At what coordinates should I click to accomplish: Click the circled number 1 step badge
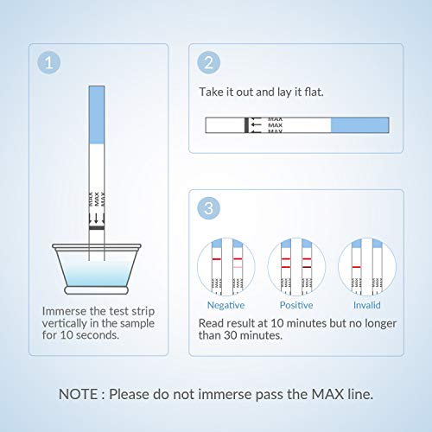coord(49,62)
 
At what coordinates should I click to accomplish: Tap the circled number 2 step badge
coord(209,62)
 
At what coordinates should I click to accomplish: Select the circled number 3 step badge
coord(209,208)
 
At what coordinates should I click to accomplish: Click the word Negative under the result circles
coord(226,305)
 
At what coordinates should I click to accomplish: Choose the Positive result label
coord(296,305)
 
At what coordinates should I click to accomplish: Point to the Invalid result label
coord(367,305)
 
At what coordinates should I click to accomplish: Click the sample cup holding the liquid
coord(97,269)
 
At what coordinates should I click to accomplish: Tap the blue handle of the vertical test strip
coord(97,115)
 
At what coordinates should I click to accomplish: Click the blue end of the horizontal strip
coord(359,125)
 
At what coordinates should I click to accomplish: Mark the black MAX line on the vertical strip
coord(97,228)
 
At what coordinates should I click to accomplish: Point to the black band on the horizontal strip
coord(246,125)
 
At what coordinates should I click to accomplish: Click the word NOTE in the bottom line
coord(78,394)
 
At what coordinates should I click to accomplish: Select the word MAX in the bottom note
coord(328,394)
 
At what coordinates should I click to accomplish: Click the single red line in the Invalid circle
coord(356,267)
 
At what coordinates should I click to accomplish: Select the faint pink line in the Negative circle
coord(238,267)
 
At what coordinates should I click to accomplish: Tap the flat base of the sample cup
coord(97,290)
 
